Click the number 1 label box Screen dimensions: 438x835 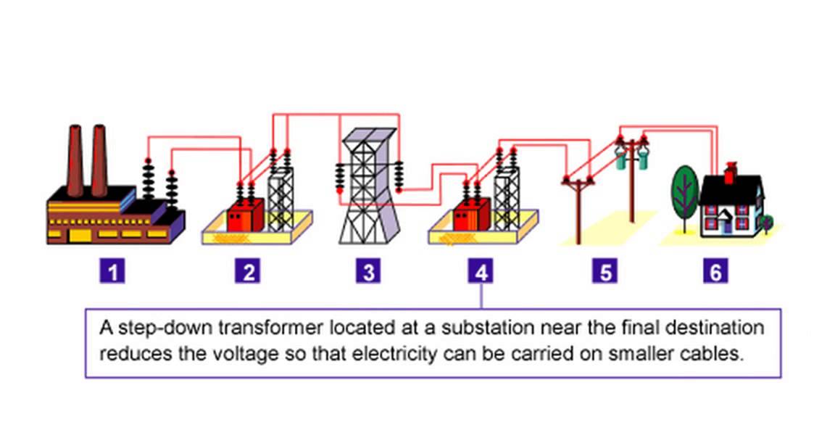112,272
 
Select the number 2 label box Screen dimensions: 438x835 249,272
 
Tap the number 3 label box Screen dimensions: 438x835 369,272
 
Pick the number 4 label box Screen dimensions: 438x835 481,272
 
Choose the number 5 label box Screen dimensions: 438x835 605,272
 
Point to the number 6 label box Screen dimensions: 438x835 715,272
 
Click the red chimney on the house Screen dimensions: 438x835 731,173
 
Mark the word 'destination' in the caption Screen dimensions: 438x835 719,328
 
